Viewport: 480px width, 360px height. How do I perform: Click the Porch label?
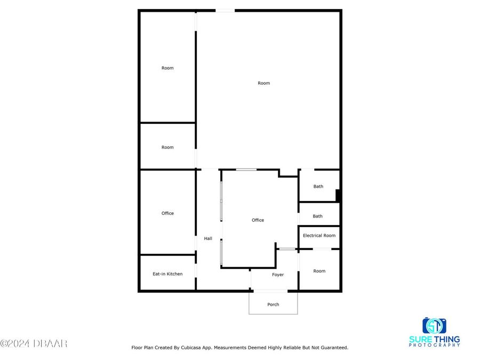coord(273,305)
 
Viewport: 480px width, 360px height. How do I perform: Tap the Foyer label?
coord(278,275)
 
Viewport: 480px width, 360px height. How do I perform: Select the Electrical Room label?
coord(319,235)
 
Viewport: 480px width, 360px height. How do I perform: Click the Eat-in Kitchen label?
coord(167,274)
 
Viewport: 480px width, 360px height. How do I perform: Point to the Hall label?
coord(208,238)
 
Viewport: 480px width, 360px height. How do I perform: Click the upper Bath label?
coord(318,186)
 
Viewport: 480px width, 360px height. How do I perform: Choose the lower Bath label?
coord(317,216)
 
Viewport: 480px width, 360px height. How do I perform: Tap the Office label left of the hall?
coord(167,213)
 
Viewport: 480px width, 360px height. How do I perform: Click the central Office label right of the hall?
coord(258,220)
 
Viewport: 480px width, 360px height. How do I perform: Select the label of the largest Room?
coord(263,83)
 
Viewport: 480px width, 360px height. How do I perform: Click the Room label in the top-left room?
coord(167,68)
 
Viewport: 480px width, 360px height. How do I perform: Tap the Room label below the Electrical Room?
coord(319,271)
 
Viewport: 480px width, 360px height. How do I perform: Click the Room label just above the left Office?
coord(167,147)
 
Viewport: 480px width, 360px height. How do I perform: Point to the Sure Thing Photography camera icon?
coord(434,325)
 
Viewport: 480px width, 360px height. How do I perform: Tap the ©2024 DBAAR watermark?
coord(34,343)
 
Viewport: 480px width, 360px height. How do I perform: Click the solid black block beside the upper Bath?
coord(338,195)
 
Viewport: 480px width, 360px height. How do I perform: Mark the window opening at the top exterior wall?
coord(225,10)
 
